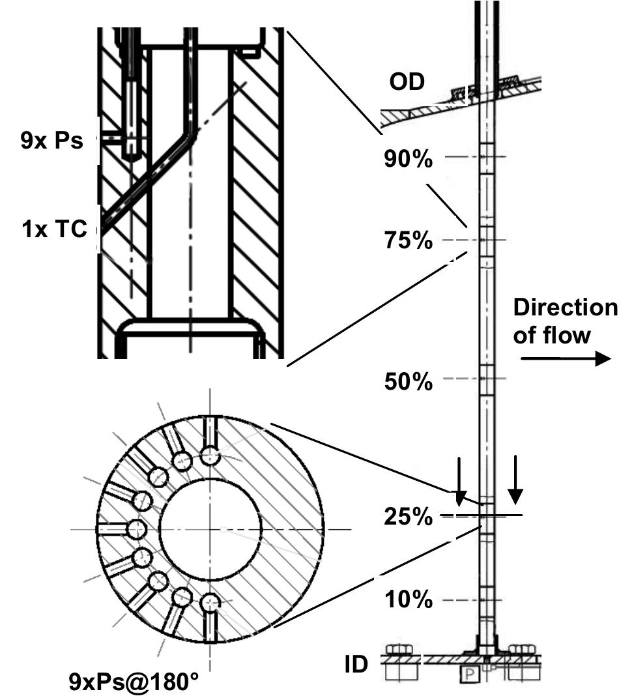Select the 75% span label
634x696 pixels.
pos(408,240)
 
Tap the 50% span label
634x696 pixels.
pos(408,381)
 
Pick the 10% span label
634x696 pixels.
pos(408,600)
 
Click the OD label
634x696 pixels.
pos(407,82)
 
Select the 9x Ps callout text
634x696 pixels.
pos(52,140)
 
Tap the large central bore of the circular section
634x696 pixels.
pos(210,528)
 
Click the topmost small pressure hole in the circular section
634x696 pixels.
pos(210,455)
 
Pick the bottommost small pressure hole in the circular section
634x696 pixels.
pos(210,603)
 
